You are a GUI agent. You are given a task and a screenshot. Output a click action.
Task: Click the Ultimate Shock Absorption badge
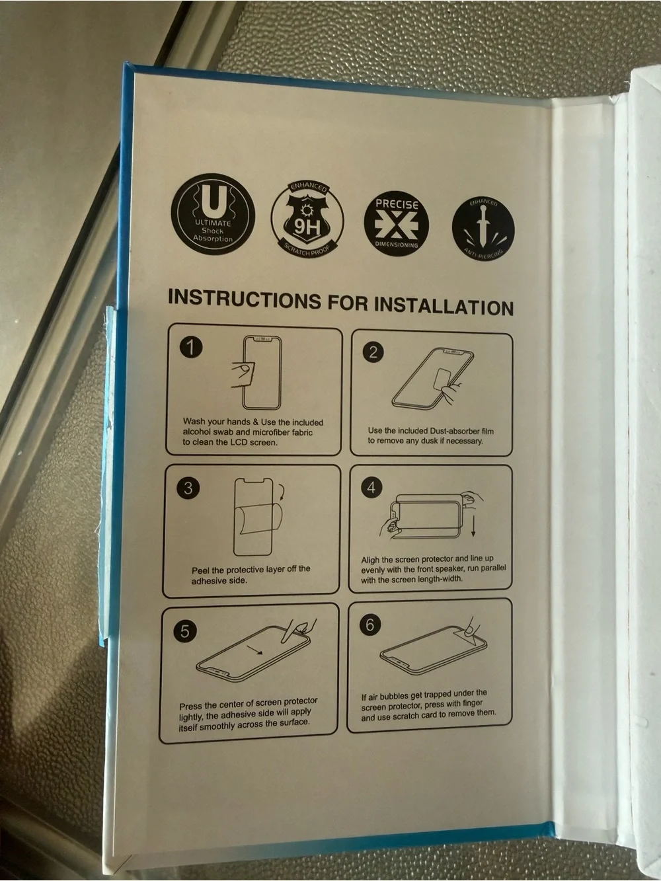click(213, 214)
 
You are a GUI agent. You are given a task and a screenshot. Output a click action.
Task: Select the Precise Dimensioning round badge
click(396, 223)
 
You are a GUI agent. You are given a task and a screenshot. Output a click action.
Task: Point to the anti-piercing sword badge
click(483, 227)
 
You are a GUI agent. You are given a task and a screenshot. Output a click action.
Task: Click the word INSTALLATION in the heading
click(444, 306)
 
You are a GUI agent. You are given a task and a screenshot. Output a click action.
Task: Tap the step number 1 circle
click(191, 346)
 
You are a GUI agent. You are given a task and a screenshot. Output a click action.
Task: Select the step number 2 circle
click(373, 352)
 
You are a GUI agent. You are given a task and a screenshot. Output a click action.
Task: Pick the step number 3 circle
click(188, 488)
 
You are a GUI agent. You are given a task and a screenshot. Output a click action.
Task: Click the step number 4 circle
click(371, 487)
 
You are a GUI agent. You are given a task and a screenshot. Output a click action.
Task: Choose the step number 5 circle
click(185, 631)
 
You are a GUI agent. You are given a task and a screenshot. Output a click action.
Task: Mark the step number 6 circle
click(369, 625)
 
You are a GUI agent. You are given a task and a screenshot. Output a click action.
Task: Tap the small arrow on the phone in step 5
click(254, 650)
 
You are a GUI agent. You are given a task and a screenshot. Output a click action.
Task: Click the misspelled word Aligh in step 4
click(370, 560)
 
